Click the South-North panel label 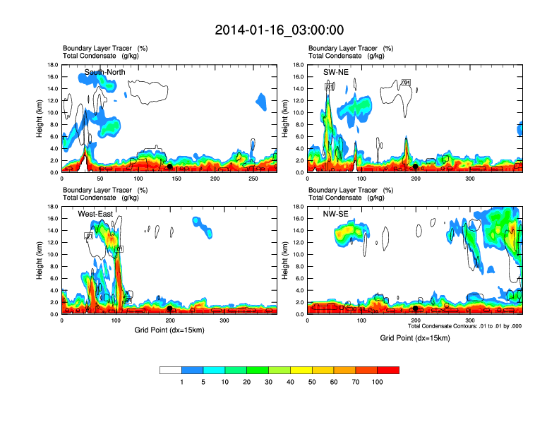click(106, 72)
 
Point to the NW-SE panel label click(335, 214)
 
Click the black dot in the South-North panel click(170, 167)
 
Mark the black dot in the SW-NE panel click(416, 167)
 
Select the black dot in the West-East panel click(170, 308)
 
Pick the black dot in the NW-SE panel click(416, 308)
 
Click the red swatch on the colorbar click(388, 370)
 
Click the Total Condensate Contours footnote click(464, 326)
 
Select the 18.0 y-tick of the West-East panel click(51, 207)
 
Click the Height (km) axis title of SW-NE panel click(286, 119)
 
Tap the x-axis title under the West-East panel click(168, 330)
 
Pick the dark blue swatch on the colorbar click(193, 370)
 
